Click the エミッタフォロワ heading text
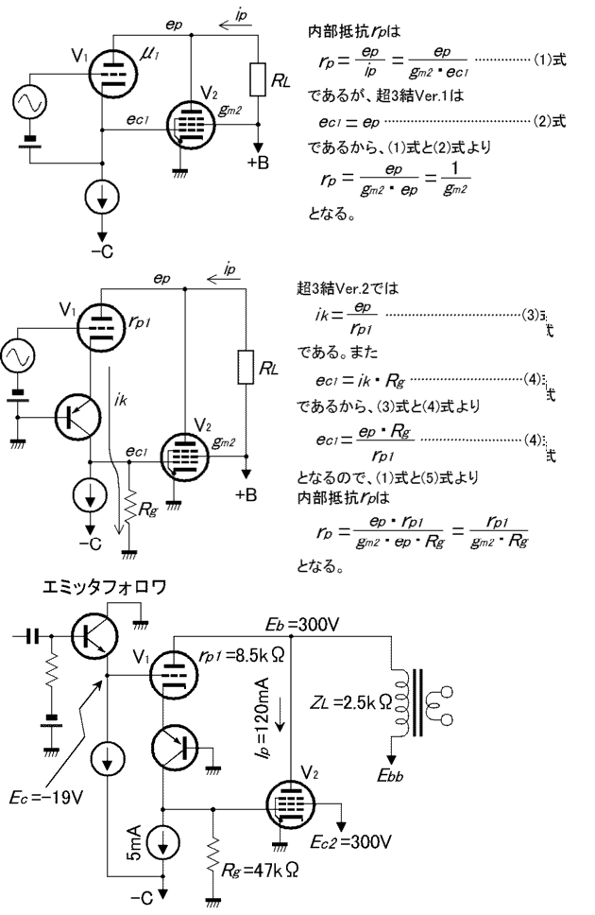[104, 587]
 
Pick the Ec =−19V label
[53, 795]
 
